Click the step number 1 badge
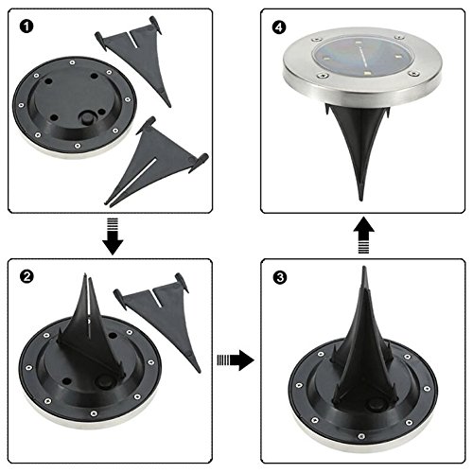(x=26, y=26)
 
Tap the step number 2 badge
(x=26, y=276)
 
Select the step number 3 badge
(x=280, y=277)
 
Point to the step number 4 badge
(x=279, y=27)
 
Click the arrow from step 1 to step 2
(x=113, y=236)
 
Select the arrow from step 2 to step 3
(x=236, y=359)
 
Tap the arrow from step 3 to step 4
(x=363, y=235)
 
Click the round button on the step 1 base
(x=86, y=118)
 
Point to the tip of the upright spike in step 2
(x=85, y=274)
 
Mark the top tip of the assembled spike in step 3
(x=364, y=267)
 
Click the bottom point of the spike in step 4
(x=361, y=200)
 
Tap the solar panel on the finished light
(x=362, y=60)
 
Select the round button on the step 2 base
(x=102, y=381)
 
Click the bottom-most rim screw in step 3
(x=361, y=436)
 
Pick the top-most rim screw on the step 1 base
(x=73, y=62)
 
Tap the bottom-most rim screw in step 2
(x=94, y=413)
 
